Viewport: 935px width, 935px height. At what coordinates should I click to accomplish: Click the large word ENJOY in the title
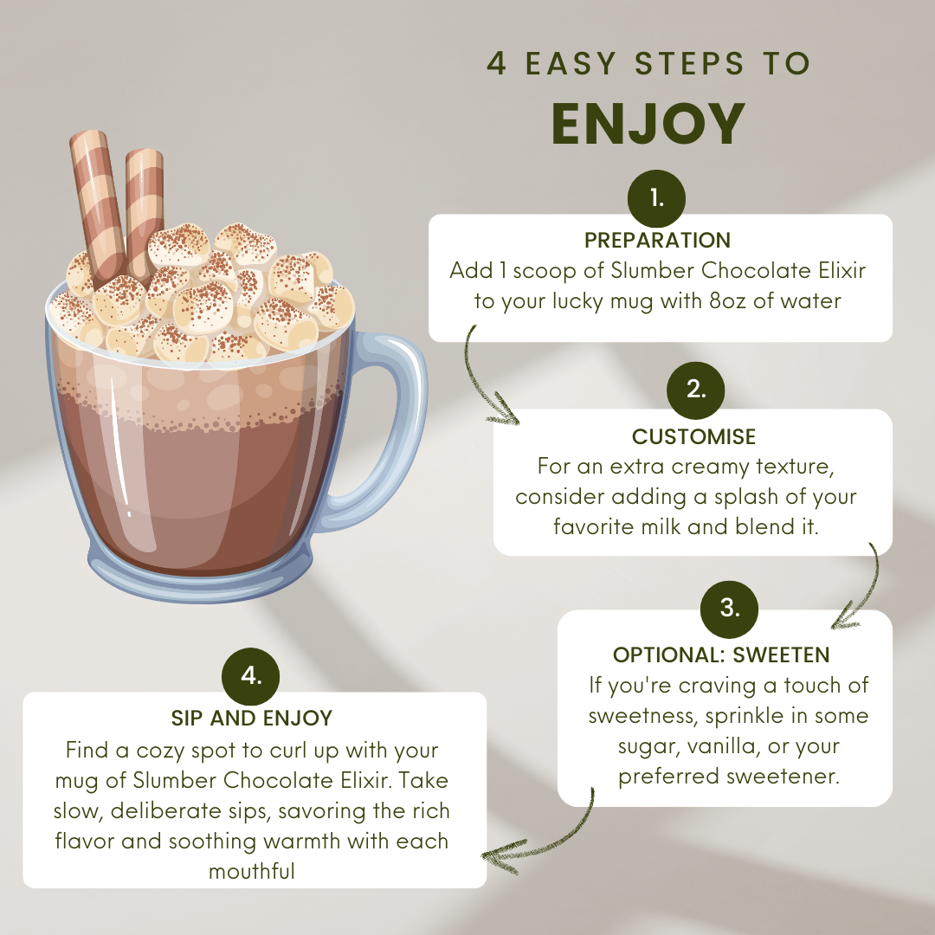[x=648, y=124]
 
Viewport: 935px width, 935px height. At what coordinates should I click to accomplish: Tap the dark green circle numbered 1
[x=656, y=198]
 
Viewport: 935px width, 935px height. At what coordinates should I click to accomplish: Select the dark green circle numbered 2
[x=695, y=390]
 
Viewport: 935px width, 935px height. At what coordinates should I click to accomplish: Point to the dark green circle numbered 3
[x=729, y=609]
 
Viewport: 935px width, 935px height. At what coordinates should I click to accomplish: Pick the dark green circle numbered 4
[x=250, y=677]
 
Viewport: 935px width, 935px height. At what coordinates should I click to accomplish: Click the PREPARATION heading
[x=657, y=241]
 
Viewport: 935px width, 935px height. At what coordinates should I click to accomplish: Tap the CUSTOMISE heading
[x=693, y=437]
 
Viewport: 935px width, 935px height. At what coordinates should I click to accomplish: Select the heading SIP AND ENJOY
[x=252, y=719]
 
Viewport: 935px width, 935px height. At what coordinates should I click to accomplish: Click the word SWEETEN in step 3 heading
[x=781, y=655]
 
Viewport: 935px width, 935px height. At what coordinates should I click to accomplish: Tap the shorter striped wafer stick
[x=144, y=209]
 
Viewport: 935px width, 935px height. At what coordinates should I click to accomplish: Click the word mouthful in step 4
[x=252, y=872]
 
